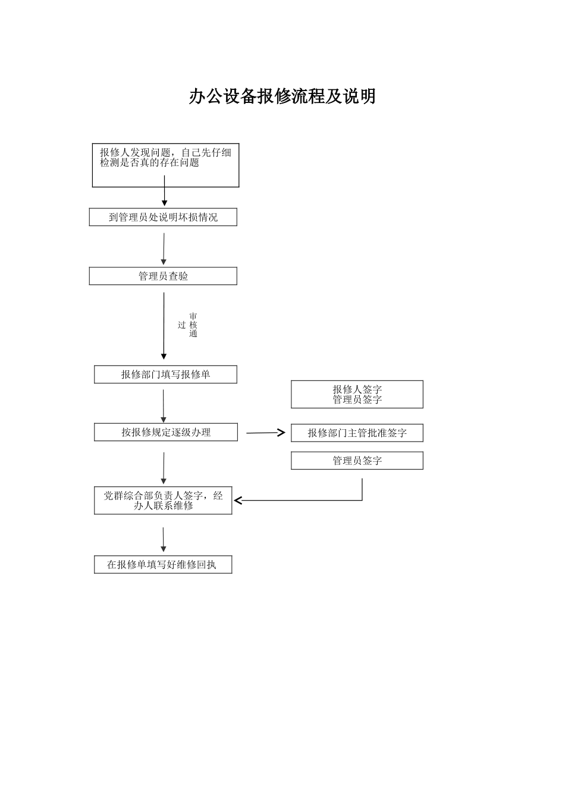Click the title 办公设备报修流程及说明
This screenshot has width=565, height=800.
pos(282,96)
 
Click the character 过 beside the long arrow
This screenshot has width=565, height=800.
pos(182,325)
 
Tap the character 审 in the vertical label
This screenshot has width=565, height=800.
pos(193,317)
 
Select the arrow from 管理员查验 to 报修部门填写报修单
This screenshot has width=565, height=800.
pos(164,326)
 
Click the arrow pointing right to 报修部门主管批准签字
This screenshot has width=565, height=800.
pos(266,433)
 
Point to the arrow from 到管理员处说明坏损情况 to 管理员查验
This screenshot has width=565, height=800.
pos(164,249)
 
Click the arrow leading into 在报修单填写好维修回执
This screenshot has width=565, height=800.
pos(164,540)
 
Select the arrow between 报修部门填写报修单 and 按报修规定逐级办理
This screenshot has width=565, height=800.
pos(164,406)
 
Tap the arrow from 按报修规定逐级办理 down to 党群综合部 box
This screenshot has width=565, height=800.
pos(164,468)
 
